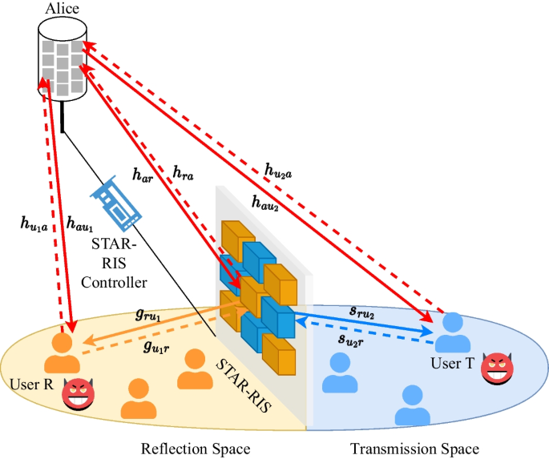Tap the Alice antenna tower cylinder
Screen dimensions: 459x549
(61, 60)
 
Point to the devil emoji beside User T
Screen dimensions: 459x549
(498, 371)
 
